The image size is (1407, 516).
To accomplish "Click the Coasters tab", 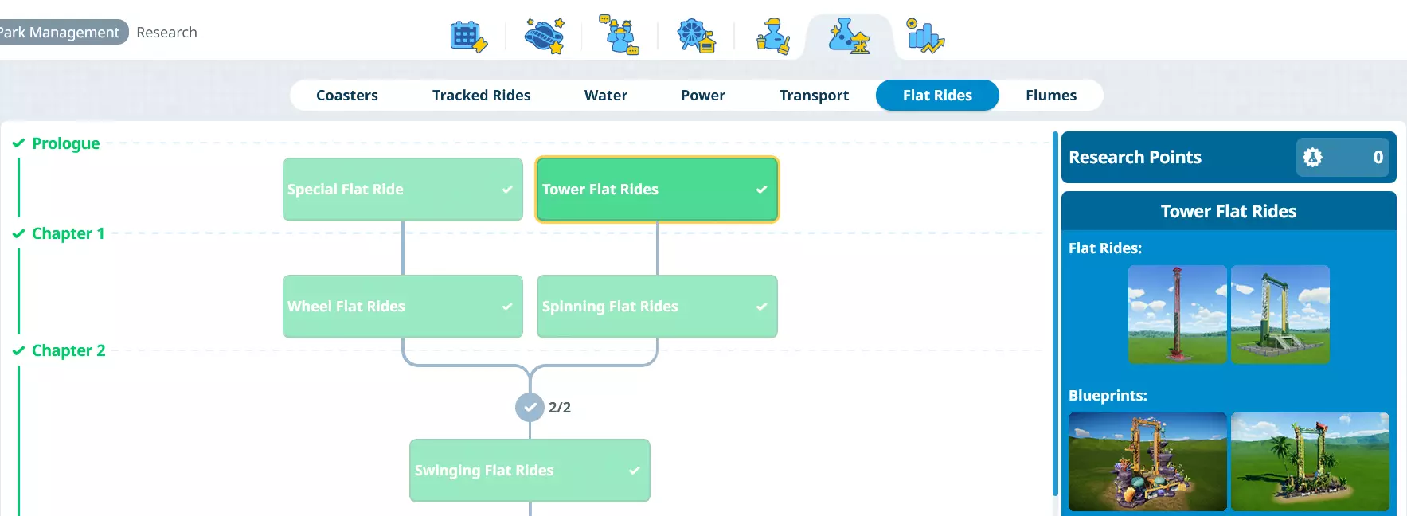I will click(347, 96).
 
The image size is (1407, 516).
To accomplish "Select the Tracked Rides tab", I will click(481, 96).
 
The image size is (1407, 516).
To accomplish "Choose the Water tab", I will click(605, 96).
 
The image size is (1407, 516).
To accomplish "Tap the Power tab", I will click(702, 96).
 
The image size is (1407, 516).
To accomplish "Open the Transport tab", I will click(814, 96).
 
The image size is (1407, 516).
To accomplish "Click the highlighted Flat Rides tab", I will click(937, 96).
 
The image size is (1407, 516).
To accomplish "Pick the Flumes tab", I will click(1050, 96).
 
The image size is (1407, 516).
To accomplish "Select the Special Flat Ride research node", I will click(402, 190).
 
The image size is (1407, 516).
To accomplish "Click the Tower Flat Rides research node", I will click(657, 190).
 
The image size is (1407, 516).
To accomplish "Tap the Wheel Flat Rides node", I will click(402, 307).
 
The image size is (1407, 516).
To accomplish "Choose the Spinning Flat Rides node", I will click(657, 307).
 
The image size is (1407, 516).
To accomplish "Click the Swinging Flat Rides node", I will click(530, 471).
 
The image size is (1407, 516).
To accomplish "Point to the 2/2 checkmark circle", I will click(530, 408).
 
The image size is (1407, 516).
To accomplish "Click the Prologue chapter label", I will click(65, 143).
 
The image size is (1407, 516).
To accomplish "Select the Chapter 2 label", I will click(68, 350).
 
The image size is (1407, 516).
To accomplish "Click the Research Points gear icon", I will click(1312, 158).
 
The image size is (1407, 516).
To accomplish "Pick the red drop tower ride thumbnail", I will click(1177, 315).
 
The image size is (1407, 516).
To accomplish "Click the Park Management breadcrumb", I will click(61, 33).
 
